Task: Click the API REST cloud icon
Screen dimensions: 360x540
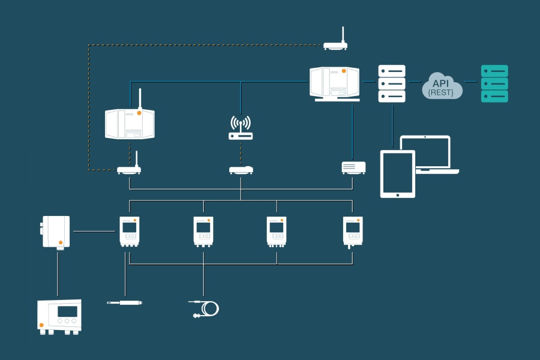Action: (x=442, y=86)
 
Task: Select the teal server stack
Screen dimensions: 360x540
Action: (x=494, y=83)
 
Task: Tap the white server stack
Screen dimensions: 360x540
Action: (x=392, y=83)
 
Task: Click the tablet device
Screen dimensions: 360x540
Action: (x=398, y=174)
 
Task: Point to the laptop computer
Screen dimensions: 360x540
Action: (x=426, y=155)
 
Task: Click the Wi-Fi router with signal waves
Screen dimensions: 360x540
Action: (x=241, y=128)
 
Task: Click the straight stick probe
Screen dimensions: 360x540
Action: (x=125, y=302)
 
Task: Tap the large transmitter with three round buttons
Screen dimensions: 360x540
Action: (x=59, y=316)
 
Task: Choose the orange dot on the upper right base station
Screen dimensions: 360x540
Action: (x=344, y=71)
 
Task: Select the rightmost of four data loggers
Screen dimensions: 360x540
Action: (x=353, y=231)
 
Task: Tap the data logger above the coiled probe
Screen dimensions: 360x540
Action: (x=203, y=231)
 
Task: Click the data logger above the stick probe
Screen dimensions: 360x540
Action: (x=129, y=231)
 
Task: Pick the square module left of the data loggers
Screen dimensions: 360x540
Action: (x=56, y=232)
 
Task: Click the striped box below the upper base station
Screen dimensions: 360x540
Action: (x=353, y=167)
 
